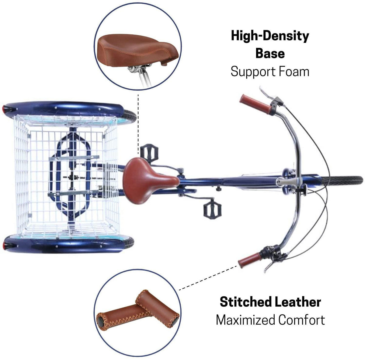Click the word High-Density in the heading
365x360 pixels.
[x=270, y=36]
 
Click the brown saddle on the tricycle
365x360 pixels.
[x=150, y=181]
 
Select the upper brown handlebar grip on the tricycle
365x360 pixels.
[x=256, y=104]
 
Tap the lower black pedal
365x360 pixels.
[x=212, y=208]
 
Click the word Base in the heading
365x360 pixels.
[x=270, y=54]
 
